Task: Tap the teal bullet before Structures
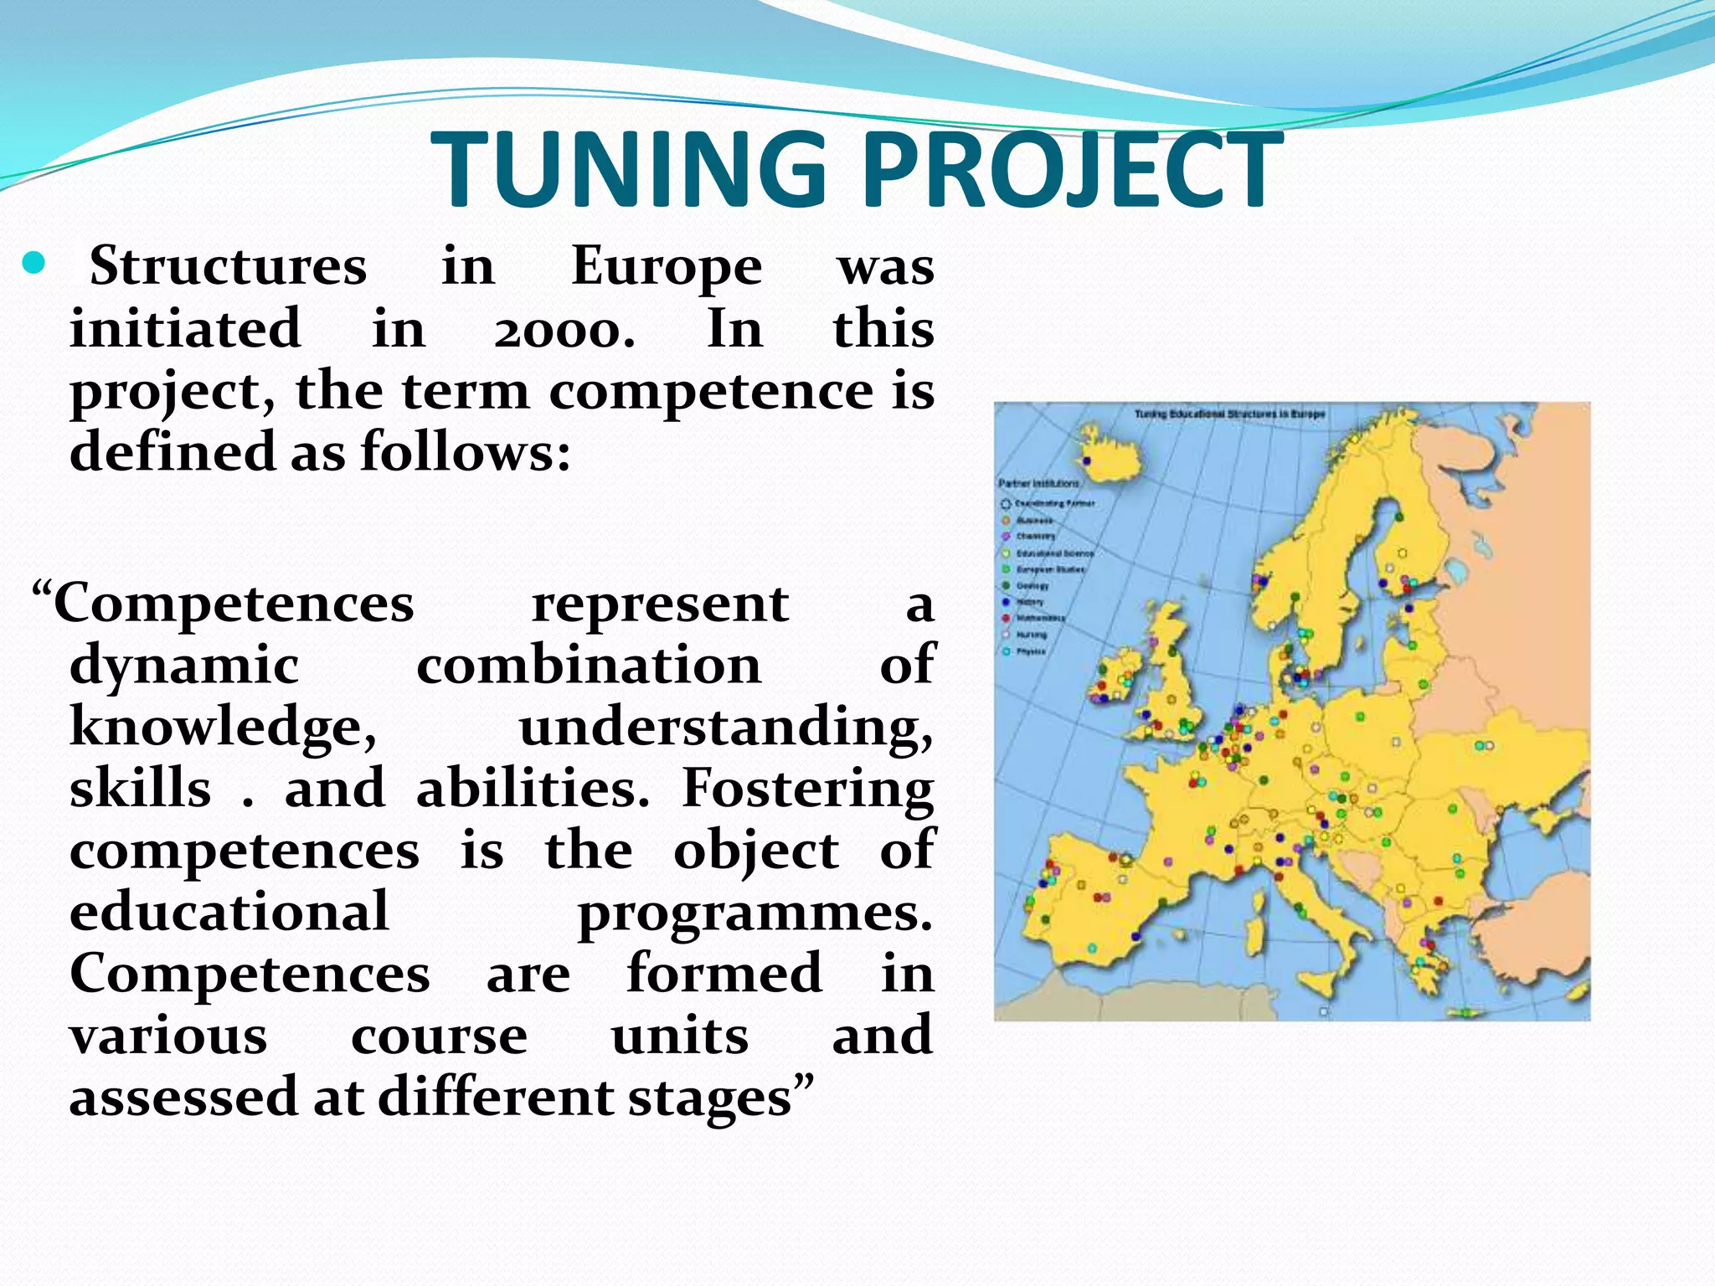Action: click(33, 265)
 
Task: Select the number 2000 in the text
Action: click(563, 330)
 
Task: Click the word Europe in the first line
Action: click(667, 268)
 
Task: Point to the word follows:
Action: click(466, 452)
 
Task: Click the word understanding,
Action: click(725, 727)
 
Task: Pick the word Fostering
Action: click(807, 789)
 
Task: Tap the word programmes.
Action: click(754, 913)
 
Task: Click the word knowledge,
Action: click(224, 727)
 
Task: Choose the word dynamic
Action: click(184, 666)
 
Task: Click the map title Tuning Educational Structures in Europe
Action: click(1229, 414)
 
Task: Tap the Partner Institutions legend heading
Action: click(1038, 483)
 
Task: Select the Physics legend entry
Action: click(1030, 651)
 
